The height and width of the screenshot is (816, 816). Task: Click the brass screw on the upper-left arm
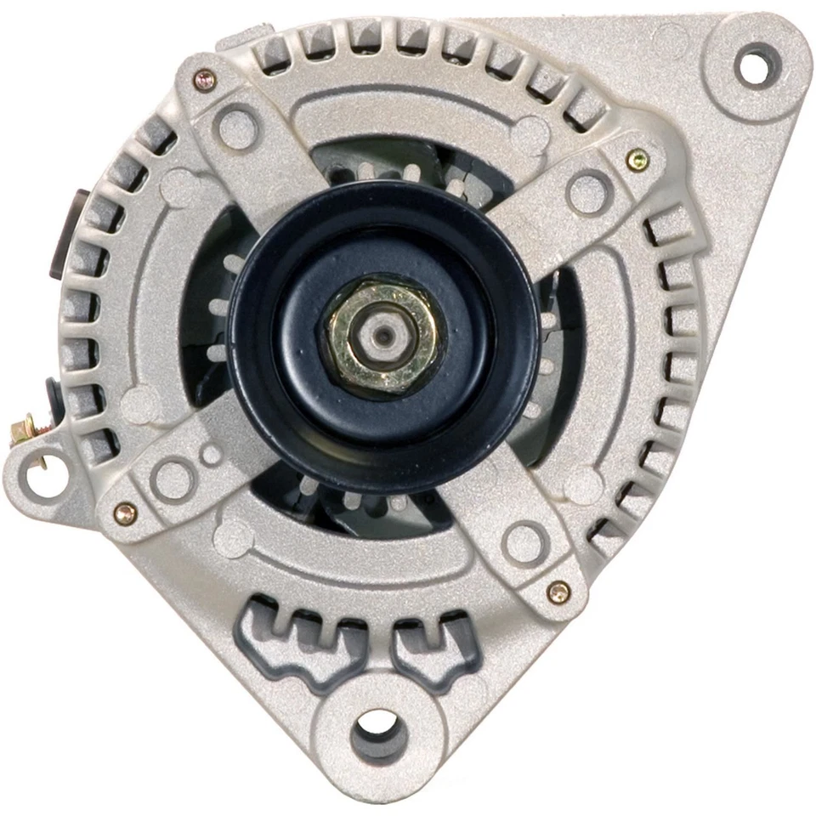pos(204,80)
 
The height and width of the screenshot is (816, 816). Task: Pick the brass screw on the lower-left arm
pos(125,513)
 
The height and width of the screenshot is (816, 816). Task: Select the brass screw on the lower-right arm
pos(558,592)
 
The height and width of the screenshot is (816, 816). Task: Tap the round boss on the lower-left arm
pos(173,478)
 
